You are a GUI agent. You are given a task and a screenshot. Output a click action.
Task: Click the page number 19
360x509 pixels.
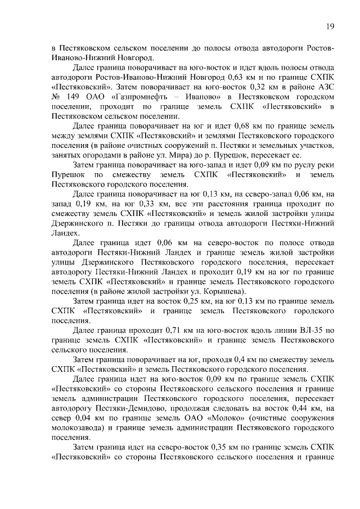tap(331, 25)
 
